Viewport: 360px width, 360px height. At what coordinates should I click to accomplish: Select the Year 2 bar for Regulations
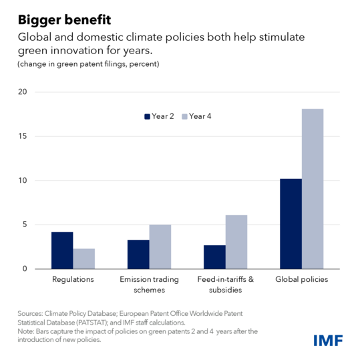pos(62,250)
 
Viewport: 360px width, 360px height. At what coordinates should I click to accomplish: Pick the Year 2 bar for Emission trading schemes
pos(138,254)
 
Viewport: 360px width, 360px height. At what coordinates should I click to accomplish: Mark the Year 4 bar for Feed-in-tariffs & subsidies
pos(236,242)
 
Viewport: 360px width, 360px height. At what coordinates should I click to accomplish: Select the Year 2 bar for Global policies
pos(291,224)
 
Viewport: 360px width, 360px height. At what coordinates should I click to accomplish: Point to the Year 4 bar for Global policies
pos(312,189)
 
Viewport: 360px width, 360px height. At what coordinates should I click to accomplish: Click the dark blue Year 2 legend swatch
pos(148,116)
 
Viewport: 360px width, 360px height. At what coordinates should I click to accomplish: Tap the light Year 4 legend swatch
pos(184,116)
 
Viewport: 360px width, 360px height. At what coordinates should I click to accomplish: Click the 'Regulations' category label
pos(73,280)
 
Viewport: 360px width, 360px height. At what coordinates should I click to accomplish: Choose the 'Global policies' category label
pos(301,280)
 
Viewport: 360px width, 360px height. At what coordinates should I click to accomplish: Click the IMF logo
pos(328,341)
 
